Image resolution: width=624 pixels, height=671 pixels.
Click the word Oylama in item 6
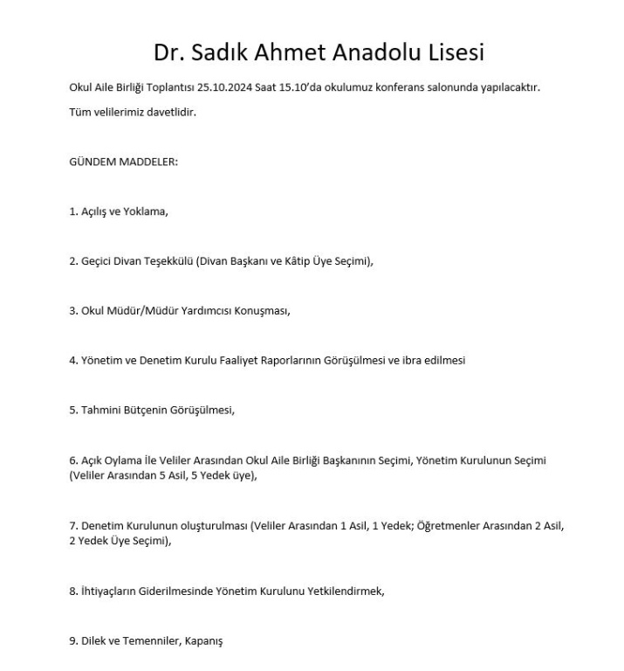click(125, 460)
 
